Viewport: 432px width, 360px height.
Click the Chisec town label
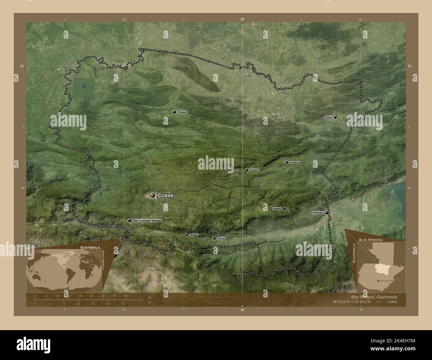[x=182, y=112]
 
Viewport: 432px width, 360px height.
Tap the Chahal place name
[x=328, y=118]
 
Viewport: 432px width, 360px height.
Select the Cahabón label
[x=295, y=162]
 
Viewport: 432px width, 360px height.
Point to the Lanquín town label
[x=254, y=170]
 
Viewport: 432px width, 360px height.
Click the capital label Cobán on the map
[x=166, y=196]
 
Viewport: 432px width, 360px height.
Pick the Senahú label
[x=277, y=209]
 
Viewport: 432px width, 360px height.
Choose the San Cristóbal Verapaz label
[x=147, y=221]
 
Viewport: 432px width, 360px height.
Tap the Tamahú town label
[x=194, y=235]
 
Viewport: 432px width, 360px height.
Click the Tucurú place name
[x=221, y=238]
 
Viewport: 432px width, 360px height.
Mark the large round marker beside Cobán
[x=153, y=196]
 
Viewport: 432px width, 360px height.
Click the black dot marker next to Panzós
[x=327, y=213]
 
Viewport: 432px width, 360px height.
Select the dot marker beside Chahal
[x=336, y=117]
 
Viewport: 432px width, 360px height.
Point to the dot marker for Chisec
[x=174, y=112]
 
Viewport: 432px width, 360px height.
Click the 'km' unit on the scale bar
[x=150, y=297]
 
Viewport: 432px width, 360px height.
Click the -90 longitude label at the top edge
[x=242, y=20]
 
